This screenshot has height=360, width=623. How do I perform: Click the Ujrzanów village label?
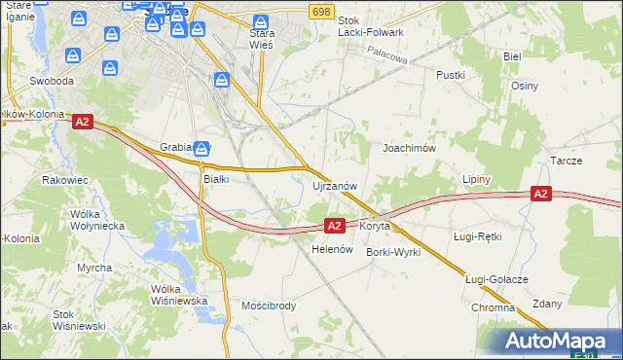coord(335,185)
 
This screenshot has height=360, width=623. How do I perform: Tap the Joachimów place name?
coord(408,148)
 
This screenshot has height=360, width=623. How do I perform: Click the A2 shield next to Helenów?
coord(334,226)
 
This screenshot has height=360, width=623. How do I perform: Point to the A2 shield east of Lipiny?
coord(542,195)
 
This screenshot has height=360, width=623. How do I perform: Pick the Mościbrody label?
coord(269,306)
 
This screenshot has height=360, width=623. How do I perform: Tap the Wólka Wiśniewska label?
coord(180,295)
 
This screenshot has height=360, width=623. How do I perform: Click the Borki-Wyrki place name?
coord(392,252)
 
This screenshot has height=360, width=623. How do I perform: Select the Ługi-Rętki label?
coord(477,236)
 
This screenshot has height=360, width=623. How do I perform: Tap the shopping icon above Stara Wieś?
coord(261,22)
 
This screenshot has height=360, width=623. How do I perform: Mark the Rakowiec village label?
coord(66,180)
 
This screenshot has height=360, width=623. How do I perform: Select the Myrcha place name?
coord(94,267)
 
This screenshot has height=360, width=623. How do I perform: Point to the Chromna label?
coord(493,307)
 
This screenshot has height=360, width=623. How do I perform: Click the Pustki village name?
coord(451,75)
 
